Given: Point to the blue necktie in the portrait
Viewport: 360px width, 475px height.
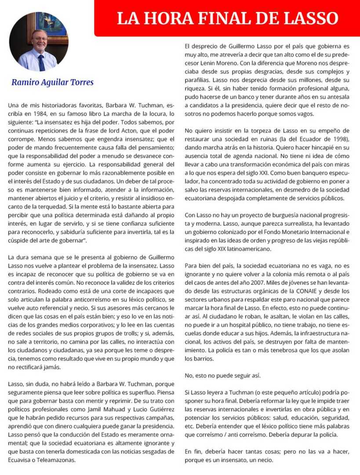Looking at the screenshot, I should point(41,62).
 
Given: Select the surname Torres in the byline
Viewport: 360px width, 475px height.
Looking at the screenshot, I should point(80,82).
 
